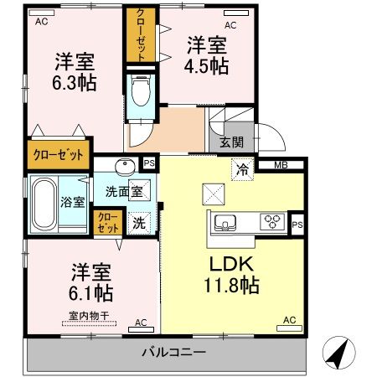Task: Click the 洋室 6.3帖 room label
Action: pos(75,72)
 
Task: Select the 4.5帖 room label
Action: pos(207,56)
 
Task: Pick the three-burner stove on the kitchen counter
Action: pos(272,223)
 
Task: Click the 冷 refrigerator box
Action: pos(243,168)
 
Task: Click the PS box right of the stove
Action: pos(297,224)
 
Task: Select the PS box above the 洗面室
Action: pos(149,163)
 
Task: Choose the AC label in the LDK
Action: pos(289,320)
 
